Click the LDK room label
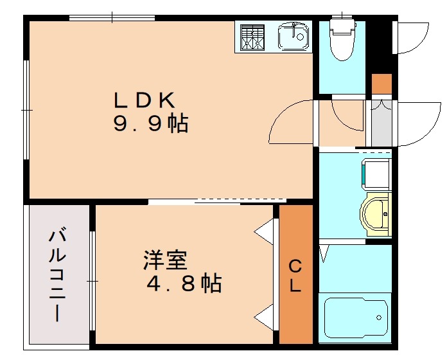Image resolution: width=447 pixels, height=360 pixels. coord(145,100)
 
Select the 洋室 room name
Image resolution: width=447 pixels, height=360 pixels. coord(165,261)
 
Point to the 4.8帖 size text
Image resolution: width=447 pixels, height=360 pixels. coord(185,283)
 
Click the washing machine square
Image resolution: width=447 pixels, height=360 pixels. coord(376,174)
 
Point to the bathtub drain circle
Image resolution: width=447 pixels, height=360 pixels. coord(380,318)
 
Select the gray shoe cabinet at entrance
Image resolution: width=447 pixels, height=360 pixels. coord(381,122)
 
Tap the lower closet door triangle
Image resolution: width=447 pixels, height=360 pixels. coord(265,316)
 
